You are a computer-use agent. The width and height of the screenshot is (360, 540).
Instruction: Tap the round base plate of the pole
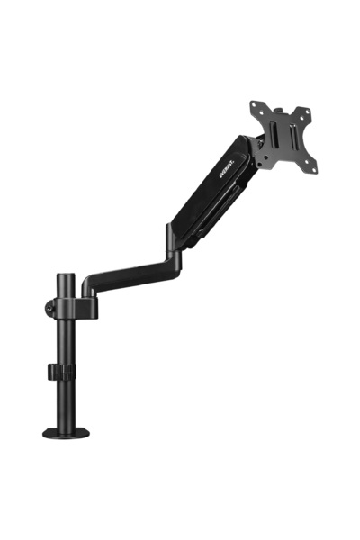coord(67,433)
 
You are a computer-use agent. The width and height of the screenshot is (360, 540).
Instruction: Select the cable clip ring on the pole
coord(64,371)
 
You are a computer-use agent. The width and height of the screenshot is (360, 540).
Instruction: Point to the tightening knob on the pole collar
coord(48,305)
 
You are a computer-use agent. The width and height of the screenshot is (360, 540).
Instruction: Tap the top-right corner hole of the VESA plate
coord(305,113)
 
